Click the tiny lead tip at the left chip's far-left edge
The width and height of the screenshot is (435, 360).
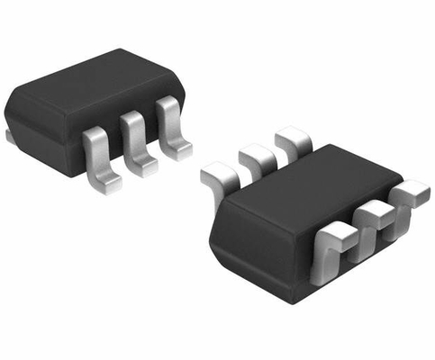[x=8, y=136]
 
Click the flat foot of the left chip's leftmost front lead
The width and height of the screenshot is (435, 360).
[x=106, y=183]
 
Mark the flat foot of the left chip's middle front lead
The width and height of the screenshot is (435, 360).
[x=141, y=165]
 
